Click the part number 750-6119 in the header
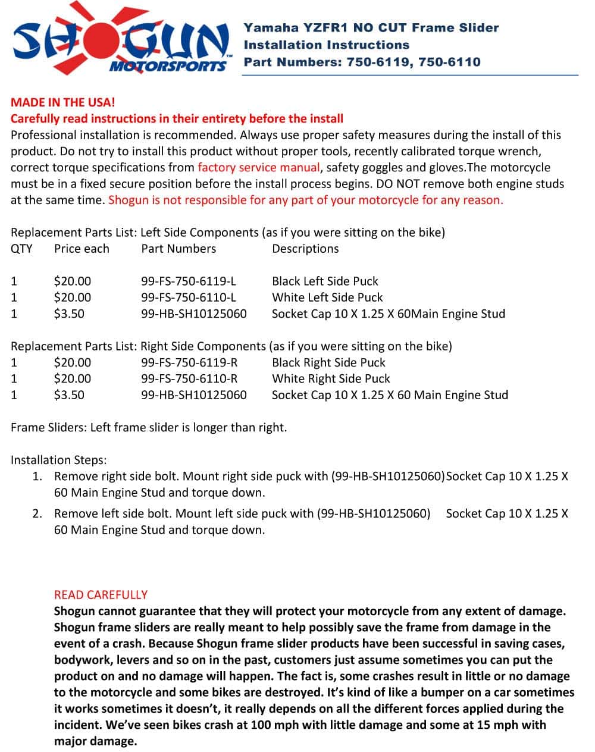378,62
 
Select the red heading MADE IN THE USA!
62,102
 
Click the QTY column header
21,249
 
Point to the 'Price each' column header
82,249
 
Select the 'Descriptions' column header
305,249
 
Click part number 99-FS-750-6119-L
189,281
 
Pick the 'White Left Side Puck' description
327,297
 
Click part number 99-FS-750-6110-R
189,379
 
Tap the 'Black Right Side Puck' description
328,363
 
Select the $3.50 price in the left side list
69,314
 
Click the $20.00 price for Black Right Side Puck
73,363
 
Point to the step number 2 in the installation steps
37,513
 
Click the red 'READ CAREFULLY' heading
101,595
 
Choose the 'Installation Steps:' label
59,460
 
